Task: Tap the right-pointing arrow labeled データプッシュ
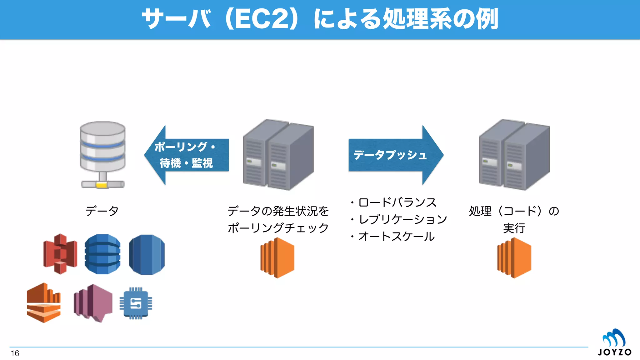[396, 155]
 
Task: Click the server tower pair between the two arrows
[278, 154]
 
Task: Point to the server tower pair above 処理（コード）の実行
[514, 154]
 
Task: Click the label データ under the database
[102, 211]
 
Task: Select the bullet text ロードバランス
[397, 202]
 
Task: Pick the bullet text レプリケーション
[402, 219]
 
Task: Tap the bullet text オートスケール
[396, 237]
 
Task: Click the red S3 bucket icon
[60, 254]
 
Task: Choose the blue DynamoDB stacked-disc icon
[102, 254]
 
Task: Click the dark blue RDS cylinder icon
[147, 254]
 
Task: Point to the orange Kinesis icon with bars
[44, 302]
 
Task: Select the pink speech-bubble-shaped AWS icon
[93, 302]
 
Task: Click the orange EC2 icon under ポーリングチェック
[277, 258]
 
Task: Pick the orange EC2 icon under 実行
[514, 258]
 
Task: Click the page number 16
[15, 353]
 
